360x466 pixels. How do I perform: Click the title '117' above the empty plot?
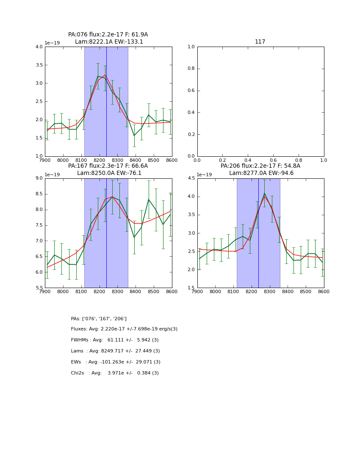click(x=260, y=42)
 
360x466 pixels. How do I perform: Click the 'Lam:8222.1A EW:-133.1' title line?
click(x=109, y=42)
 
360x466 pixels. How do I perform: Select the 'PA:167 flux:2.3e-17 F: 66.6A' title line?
click(x=108, y=166)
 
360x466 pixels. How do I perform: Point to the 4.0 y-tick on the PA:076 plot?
click(x=39, y=47)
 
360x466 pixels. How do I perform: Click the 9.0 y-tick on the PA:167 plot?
click(x=39, y=178)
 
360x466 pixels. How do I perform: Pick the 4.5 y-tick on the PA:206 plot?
click(x=191, y=178)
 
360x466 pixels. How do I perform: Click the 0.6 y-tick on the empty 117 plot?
click(x=191, y=91)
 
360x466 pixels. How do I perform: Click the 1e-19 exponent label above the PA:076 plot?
click(x=52, y=43)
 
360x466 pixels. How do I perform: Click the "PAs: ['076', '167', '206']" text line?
click(x=99, y=319)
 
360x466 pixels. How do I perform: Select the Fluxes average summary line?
click(x=124, y=329)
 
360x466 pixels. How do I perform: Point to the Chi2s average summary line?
click(x=115, y=373)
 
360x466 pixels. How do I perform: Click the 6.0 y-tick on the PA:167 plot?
click(x=39, y=272)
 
